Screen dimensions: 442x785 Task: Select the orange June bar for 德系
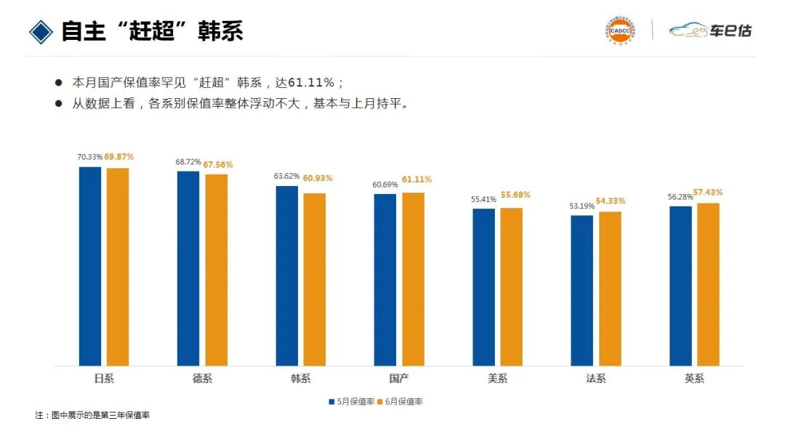(216, 270)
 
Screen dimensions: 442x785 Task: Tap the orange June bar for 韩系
(315, 279)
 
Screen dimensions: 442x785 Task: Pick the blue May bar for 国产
(385, 279)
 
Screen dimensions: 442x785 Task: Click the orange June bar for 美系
(511, 286)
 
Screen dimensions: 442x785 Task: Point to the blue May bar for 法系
(582, 290)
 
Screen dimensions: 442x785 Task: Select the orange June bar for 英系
(708, 284)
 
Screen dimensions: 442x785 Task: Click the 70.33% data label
(90, 157)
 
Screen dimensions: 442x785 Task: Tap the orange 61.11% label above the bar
(416, 180)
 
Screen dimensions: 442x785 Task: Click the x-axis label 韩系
(301, 379)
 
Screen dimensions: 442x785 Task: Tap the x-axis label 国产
(399, 379)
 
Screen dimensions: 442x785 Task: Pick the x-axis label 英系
(694, 379)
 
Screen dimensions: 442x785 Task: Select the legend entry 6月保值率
(402, 401)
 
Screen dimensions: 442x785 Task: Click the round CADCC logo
(620, 31)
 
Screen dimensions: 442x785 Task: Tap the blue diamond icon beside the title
(41, 31)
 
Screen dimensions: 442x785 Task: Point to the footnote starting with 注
(92, 415)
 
